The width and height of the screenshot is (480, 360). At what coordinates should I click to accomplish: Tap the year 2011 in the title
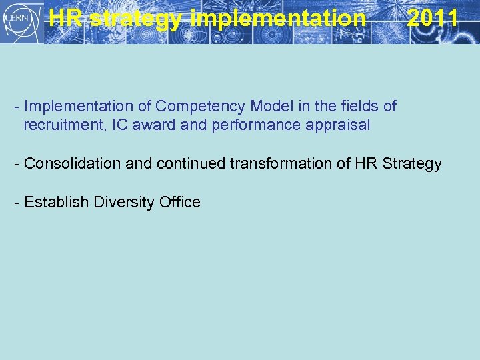coord(432,18)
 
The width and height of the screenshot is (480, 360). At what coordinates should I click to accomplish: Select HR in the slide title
coord(67,18)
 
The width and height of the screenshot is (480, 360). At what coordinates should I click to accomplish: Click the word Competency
coord(192,106)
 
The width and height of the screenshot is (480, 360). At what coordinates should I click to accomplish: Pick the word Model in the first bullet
coord(256,106)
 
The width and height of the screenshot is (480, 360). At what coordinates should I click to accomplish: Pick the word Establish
coord(56,202)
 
